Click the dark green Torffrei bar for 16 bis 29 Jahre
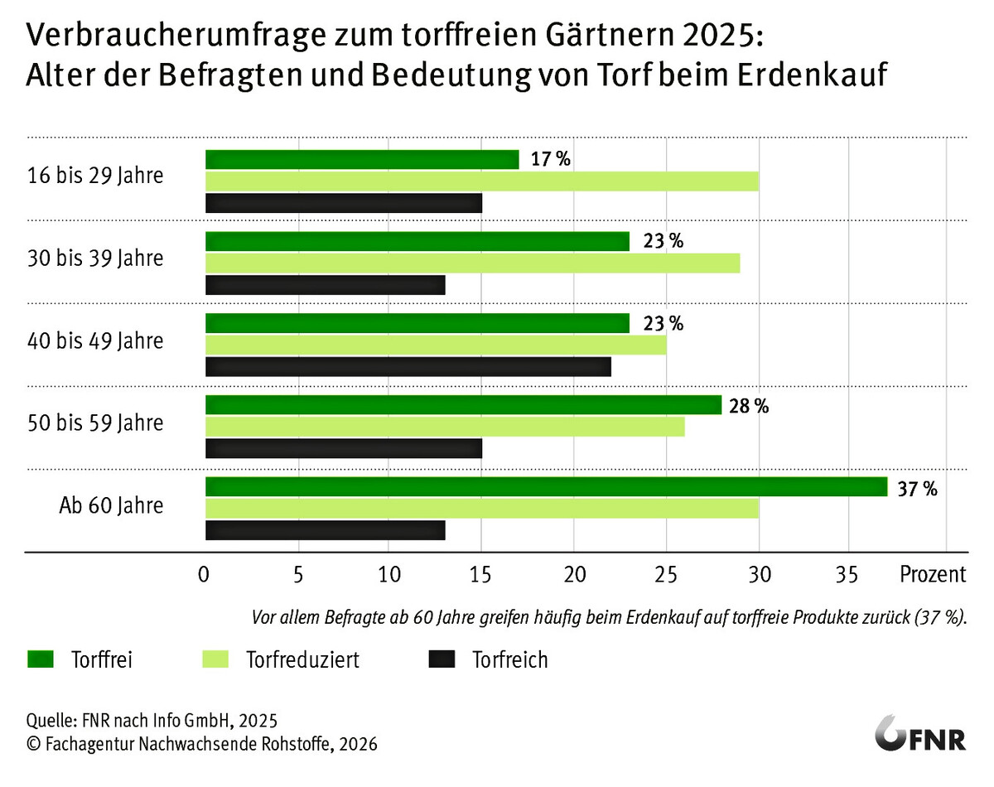pyautogui.click(x=362, y=159)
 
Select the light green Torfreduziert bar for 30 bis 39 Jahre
pyautogui.click(x=472, y=263)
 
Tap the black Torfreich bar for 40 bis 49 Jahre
pyautogui.click(x=408, y=366)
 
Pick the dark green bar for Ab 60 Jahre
pyautogui.click(x=546, y=486)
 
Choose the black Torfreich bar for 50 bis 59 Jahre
pyautogui.click(x=343, y=448)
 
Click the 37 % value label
pyautogui.click(x=918, y=490)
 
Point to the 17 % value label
pyautogui.click(x=551, y=160)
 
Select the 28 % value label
pyautogui.click(x=749, y=407)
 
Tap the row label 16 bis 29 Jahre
pyautogui.click(x=95, y=176)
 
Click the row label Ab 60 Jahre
pyautogui.click(x=111, y=505)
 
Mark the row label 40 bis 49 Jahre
pyautogui.click(x=95, y=340)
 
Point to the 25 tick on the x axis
pyautogui.click(x=666, y=573)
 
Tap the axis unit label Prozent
pyautogui.click(x=933, y=573)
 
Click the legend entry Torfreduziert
pyautogui.click(x=302, y=660)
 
